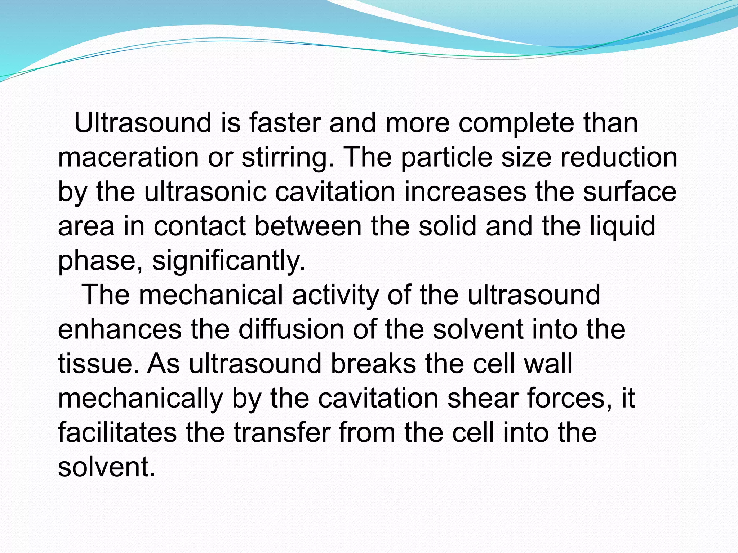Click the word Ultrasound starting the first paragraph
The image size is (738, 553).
(142, 123)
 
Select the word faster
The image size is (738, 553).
(285, 123)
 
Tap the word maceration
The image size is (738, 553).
(128, 157)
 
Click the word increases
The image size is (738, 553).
(465, 192)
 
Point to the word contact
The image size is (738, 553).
(200, 226)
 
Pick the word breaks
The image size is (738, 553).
(373, 364)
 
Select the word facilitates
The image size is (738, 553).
(117, 432)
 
